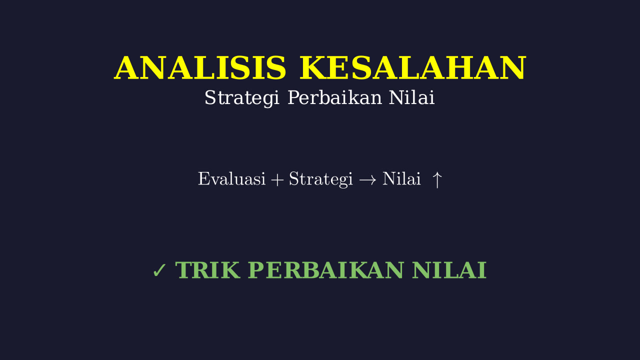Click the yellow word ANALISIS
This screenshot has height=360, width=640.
pos(200,68)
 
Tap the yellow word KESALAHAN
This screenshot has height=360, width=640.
pos(412,68)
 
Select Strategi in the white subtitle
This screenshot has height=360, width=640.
pos(241,97)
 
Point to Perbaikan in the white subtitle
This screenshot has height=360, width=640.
pos(334,97)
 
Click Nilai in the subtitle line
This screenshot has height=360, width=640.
pos(411,97)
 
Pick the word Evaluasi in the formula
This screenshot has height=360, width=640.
pos(231,179)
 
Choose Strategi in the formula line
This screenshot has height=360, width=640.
pos(321,179)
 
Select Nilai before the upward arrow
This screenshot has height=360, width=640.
pos(401,179)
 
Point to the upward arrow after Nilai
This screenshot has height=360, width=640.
pos(437,180)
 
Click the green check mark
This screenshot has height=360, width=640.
pos(159,270)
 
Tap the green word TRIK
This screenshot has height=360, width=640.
pos(207,270)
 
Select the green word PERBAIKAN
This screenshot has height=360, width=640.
pos(325,270)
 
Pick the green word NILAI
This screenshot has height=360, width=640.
pos(449,270)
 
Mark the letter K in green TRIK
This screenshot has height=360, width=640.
pos(228,270)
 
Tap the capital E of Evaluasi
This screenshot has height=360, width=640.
pos(205,179)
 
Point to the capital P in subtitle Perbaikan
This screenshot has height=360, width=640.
pos(294,97)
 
